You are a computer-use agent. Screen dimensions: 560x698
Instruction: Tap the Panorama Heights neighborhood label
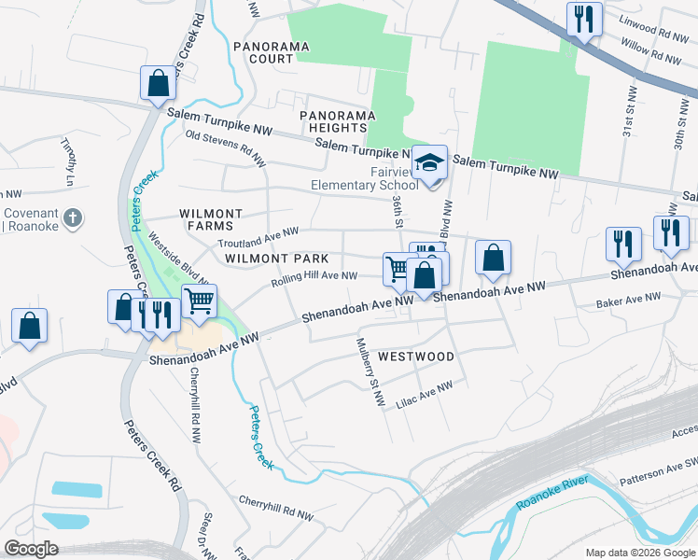pos(337,121)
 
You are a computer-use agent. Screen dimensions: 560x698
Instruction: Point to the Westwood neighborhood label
pos(416,357)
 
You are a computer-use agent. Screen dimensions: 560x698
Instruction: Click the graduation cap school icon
pos(429,163)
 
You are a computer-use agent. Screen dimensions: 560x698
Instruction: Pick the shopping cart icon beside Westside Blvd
pos(199,301)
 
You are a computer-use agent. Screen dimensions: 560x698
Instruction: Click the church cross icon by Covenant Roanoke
pos(74,218)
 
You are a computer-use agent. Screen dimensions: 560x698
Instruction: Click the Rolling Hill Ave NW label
pos(314,276)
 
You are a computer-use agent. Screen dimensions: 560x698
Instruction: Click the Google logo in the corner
pos(31,549)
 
